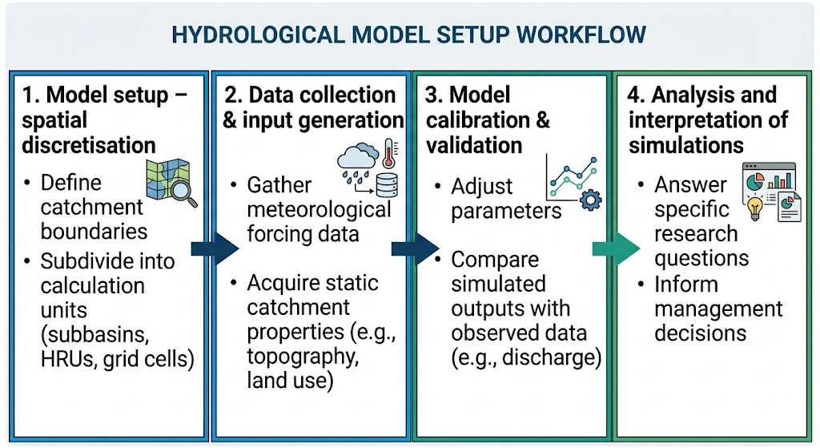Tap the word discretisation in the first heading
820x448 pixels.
coord(89,145)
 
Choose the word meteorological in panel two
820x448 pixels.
coord(319,210)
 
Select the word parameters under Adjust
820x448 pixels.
coord(506,210)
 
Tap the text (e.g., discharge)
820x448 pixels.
coord(526,357)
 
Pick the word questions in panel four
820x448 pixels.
coord(701,258)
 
